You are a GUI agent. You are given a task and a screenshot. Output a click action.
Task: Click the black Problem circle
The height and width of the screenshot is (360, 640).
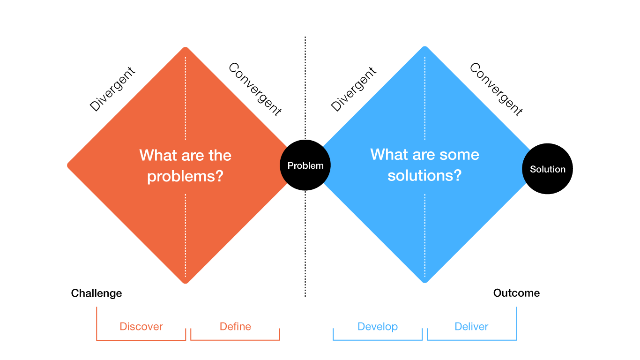305,165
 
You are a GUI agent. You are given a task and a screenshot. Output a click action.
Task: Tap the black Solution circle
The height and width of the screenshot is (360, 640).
547,169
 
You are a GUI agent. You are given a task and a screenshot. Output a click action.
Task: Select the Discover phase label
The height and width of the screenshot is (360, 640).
141,327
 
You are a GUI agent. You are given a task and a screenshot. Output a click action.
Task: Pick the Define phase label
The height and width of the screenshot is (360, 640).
235,327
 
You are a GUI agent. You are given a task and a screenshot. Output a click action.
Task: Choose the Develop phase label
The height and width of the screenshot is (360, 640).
377,327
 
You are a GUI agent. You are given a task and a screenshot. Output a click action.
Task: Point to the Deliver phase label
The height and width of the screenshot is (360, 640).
471,327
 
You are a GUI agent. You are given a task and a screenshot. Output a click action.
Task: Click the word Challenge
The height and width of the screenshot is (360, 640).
97,293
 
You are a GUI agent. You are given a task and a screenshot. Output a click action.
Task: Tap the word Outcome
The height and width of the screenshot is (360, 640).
516,293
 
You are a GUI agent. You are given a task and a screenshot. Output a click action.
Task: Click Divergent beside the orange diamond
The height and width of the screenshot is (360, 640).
112,89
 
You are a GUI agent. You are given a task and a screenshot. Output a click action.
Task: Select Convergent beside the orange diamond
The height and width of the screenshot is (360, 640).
255,89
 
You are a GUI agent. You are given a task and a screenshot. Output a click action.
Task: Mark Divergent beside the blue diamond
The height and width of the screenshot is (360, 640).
354,89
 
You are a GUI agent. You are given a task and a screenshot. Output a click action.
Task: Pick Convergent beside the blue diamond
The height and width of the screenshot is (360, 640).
496,89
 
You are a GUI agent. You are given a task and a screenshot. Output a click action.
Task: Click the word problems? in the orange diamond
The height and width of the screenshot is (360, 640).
185,177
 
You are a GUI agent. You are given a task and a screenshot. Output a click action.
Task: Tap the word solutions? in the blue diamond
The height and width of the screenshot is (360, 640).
424,175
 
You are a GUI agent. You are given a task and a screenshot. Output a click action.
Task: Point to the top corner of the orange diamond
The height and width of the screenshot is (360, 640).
186,48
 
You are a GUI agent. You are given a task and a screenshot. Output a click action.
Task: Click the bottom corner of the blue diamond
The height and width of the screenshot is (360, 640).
424,282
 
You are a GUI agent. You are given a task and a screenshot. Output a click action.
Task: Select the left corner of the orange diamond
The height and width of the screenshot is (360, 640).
69,165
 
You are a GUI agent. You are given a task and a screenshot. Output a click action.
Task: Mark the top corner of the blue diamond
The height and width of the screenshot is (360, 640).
424,47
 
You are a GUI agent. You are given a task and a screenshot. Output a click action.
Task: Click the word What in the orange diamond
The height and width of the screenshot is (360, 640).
155,155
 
